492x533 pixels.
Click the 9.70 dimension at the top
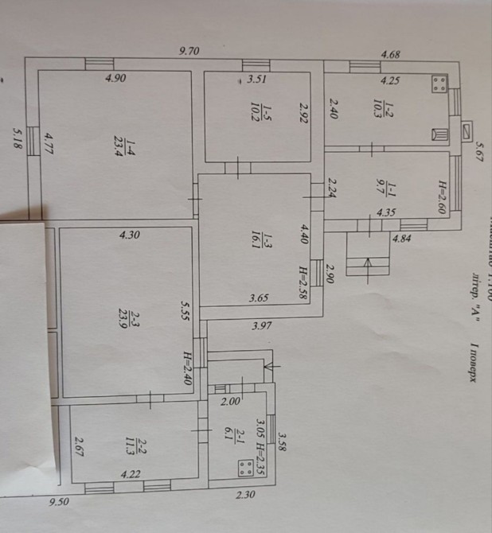(x=189, y=52)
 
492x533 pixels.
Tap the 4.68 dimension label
(x=390, y=55)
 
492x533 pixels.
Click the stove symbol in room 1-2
(x=438, y=84)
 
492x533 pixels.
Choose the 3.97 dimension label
(x=264, y=325)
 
